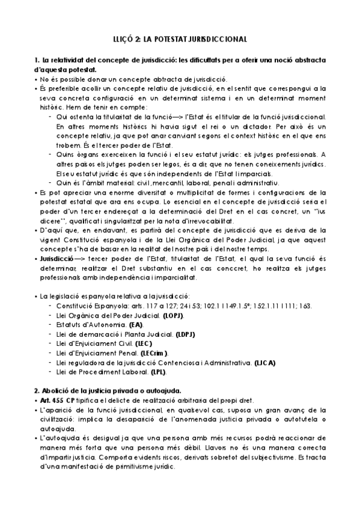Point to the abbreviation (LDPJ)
pyautogui.click(x=186, y=334)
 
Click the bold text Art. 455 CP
pyautogui.click(x=56, y=401)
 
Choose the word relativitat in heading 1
pyautogui.click(x=67, y=60)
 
